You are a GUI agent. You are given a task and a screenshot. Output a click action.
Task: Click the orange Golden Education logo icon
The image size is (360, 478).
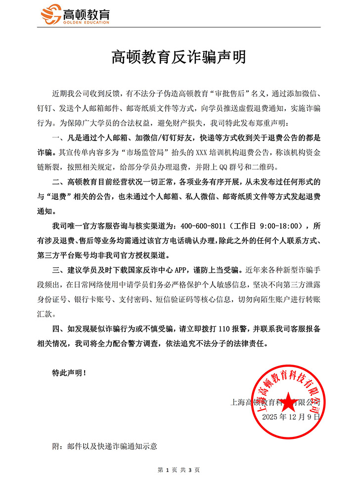[50, 15]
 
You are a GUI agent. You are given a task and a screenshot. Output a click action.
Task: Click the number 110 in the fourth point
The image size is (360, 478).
[224, 329]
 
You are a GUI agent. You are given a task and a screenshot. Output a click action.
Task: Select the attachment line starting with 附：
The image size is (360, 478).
[104, 446]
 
